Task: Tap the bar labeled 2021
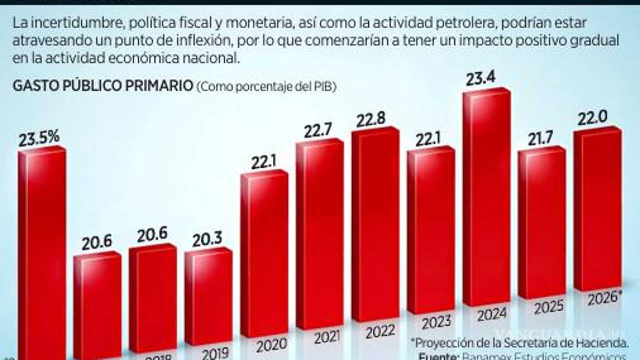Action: [319, 233]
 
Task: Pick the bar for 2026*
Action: [597, 211]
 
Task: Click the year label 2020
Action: [272, 346]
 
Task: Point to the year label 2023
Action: [436, 323]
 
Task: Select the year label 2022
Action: [381, 332]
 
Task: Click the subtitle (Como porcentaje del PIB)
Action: [267, 87]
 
